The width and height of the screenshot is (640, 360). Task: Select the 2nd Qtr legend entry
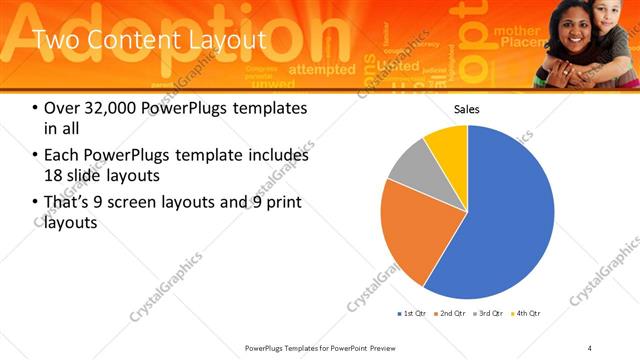point(451,314)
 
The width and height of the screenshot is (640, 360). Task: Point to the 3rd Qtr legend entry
point(490,314)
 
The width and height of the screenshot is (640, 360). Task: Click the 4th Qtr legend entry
point(527,314)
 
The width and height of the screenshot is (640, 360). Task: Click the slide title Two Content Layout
point(149,39)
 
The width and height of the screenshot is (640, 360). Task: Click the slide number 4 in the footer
point(590,347)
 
